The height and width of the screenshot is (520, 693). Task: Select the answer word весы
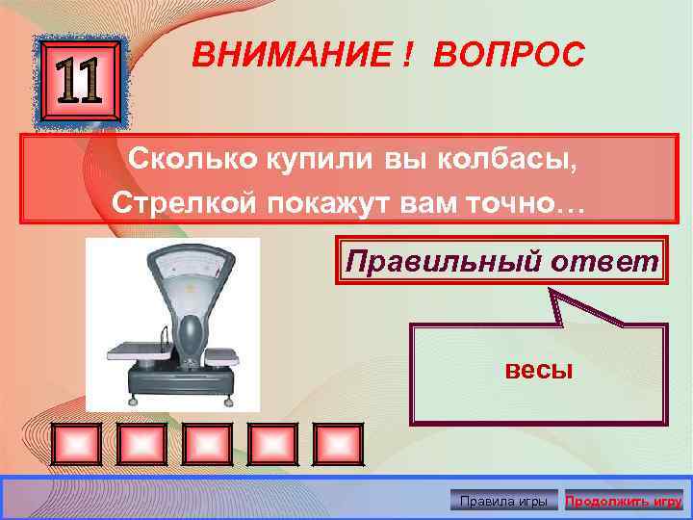point(539,370)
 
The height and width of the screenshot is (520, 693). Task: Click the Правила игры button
point(504,501)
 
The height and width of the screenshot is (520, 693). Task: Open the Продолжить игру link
point(624,501)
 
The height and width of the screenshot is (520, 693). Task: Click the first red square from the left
point(81,443)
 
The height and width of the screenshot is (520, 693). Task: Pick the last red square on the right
point(339,443)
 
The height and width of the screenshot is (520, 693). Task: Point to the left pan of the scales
point(134,350)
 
